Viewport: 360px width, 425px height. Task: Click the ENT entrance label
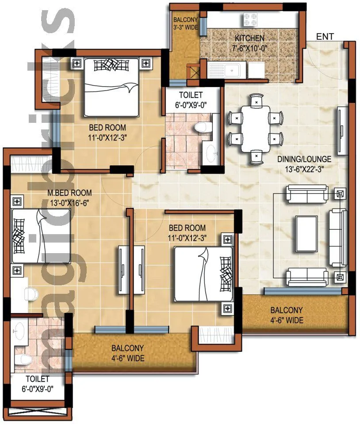325,37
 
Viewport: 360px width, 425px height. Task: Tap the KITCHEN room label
249,38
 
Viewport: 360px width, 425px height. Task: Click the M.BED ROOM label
69,193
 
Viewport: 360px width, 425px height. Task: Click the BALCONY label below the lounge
287,310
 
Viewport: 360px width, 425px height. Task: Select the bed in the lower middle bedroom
203,274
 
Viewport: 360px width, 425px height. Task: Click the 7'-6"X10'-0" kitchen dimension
249,47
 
